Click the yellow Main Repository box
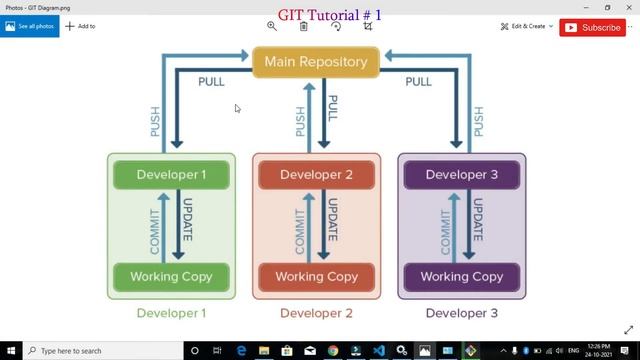pyautogui.click(x=315, y=62)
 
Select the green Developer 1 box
pyautogui.click(x=171, y=175)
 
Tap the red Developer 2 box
pyautogui.click(x=316, y=175)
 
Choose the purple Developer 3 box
pyautogui.click(x=461, y=175)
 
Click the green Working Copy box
pyautogui.click(x=171, y=276)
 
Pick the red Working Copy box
pyautogui.click(x=316, y=276)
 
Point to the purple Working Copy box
pyautogui.click(x=461, y=276)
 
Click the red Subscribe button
pyautogui.click(x=593, y=28)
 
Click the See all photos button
pyautogui.click(x=29, y=26)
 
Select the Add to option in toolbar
pyautogui.click(x=80, y=26)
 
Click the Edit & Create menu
pyautogui.click(x=527, y=26)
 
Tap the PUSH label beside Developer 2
pyautogui.click(x=300, y=120)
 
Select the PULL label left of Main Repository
pyautogui.click(x=211, y=82)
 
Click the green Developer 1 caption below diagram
pyautogui.click(x=171, y=313)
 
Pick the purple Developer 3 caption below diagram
pyautogui.click(x=461, y=313)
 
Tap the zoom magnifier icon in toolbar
pyautogui.click(x=271, y=26)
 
